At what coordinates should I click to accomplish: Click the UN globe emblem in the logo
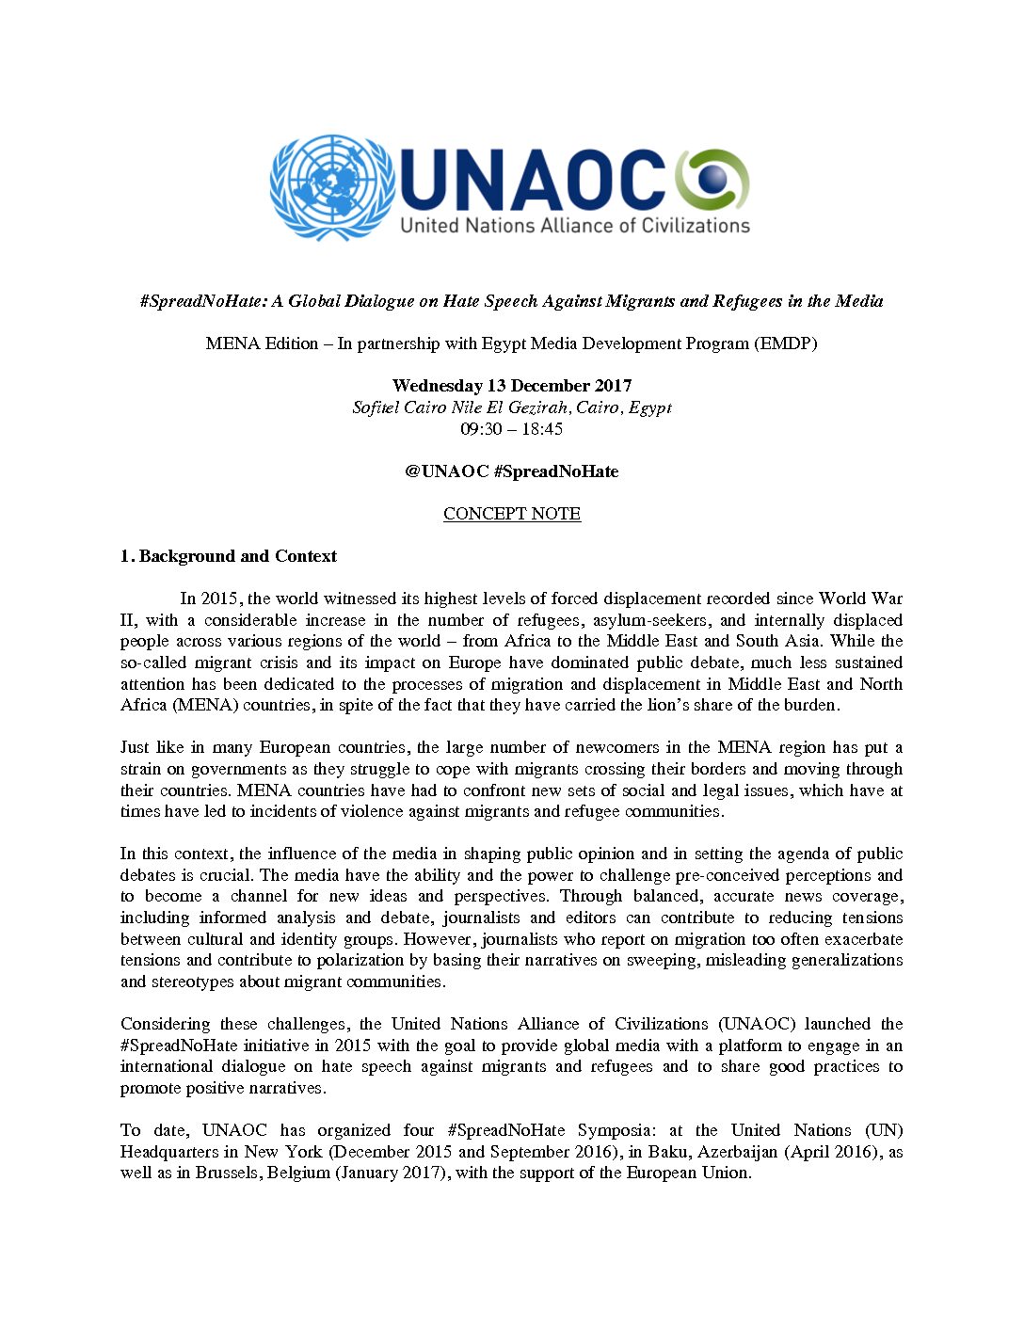(x=331, y=187)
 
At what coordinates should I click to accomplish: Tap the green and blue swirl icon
(x=712, y=179)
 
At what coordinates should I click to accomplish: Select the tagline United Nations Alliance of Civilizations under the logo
(x=574, y=226)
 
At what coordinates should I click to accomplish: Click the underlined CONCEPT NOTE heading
(x=512, y=514)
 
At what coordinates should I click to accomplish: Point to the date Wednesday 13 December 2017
(x=512, y=386)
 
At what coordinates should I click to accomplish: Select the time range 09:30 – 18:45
(x=512, y=429)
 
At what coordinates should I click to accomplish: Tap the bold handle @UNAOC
(x=446, y=471)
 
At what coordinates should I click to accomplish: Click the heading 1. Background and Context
(x=229, y=556)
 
